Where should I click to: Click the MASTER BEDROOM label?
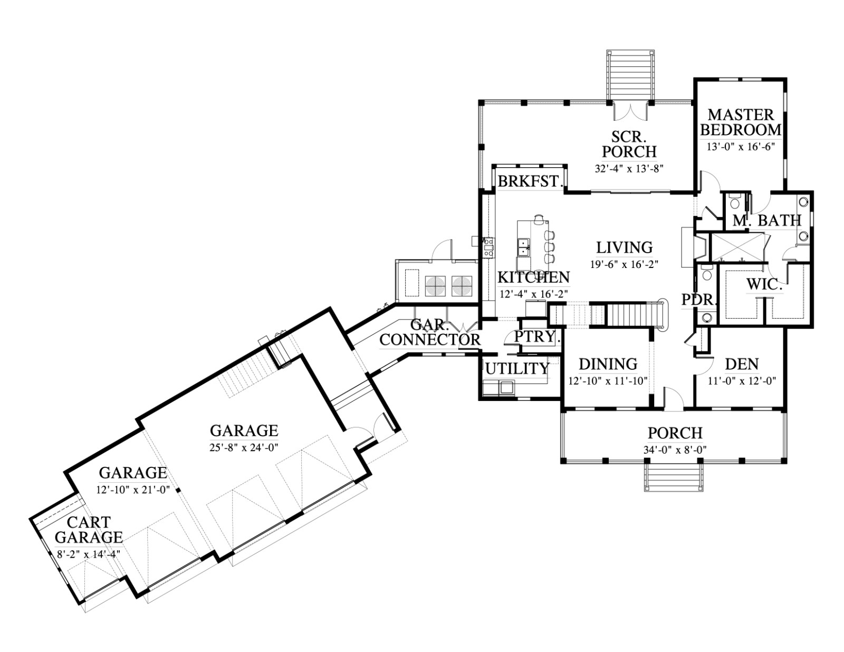741,122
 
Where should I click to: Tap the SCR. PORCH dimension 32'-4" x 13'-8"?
629,169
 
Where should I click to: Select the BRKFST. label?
529,181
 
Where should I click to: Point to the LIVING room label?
625,247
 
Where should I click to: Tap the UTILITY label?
517,369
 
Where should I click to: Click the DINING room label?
608,364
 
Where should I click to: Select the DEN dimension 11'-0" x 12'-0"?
742,380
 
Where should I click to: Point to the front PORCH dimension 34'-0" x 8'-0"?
675,449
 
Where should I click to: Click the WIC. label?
763,285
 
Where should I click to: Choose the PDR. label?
699,300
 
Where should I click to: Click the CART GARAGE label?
89,530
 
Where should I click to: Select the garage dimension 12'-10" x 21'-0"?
133,489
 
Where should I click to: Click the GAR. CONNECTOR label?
430,332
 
